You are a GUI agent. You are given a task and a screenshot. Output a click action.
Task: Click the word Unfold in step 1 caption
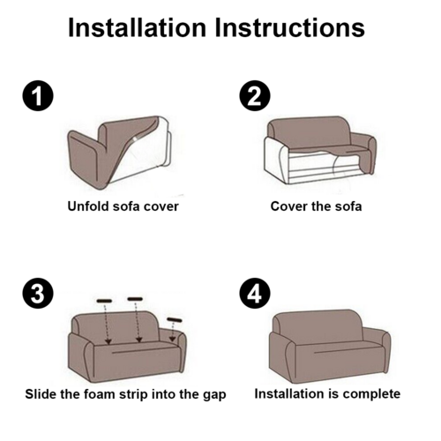(x=86, y=206)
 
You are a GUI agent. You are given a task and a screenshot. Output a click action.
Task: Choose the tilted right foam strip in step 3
(x=174, y=318)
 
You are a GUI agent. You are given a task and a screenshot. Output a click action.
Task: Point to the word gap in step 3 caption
(x=213, y=393)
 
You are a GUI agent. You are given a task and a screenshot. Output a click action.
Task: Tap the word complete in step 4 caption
(x=374, y=393)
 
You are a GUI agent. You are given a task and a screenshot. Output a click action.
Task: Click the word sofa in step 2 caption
(x=347, y=206)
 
